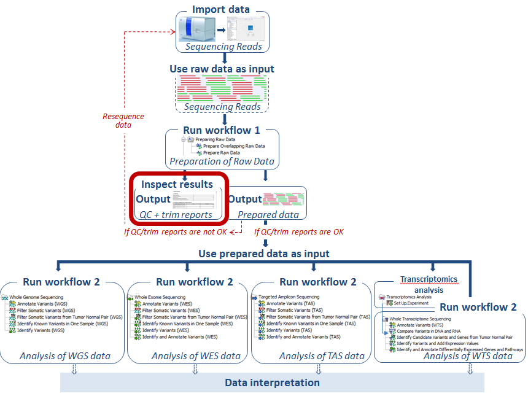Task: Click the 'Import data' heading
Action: pos(220,9)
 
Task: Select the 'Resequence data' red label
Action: pos(123,120)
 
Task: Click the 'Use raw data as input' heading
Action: pos(222,69)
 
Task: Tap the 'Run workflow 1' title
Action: pos(222,130)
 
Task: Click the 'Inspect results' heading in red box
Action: pos(177,184)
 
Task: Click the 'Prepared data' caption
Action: pos(268,214)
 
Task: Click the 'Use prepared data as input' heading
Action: pos(263,253)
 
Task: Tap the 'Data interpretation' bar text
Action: pos(272,382)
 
